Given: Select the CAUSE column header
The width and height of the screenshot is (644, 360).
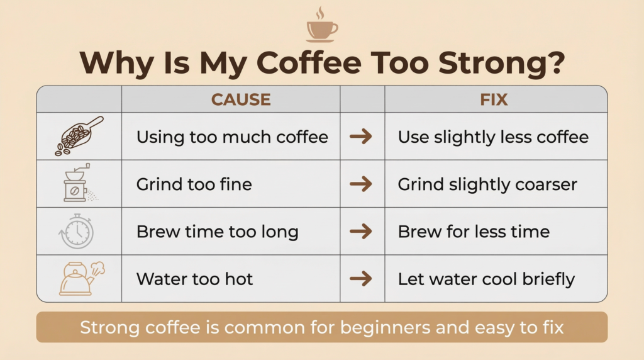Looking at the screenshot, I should click(241, 99).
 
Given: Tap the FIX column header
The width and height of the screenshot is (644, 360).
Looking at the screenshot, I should click(494, 99).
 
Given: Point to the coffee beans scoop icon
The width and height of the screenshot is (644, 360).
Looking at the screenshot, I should click(79, 136).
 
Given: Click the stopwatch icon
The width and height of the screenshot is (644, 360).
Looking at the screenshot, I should click(77, 231).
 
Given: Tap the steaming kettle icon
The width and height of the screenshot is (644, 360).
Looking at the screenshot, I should click(80, 279).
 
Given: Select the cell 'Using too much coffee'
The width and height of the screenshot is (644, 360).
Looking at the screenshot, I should click(232, 137).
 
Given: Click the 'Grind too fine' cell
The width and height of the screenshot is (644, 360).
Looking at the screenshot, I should click(194, 184).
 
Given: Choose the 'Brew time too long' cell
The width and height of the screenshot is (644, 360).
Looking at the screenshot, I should click(217, 232).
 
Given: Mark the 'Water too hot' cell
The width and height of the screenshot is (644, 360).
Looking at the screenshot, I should click(194, 279).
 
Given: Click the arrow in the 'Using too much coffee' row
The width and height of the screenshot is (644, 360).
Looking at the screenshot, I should click(361, 137).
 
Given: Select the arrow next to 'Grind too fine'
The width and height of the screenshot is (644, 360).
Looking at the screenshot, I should click(361, 184).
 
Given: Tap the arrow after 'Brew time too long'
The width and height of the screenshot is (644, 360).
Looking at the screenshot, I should click(361, 232).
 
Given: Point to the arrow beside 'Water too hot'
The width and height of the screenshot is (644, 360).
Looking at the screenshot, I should click(361, 279).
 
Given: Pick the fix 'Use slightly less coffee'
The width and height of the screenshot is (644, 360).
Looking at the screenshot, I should click(493, 137).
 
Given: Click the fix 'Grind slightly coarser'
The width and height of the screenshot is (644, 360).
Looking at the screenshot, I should click(487, 184).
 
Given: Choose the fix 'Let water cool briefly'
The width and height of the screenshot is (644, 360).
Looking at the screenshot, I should click(486, 279).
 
